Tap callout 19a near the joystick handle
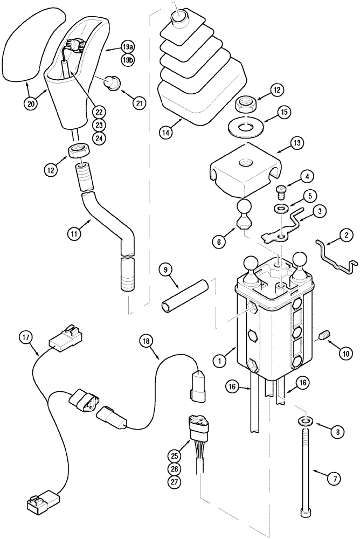128,47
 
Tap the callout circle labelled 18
147,340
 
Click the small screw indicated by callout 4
281,189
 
